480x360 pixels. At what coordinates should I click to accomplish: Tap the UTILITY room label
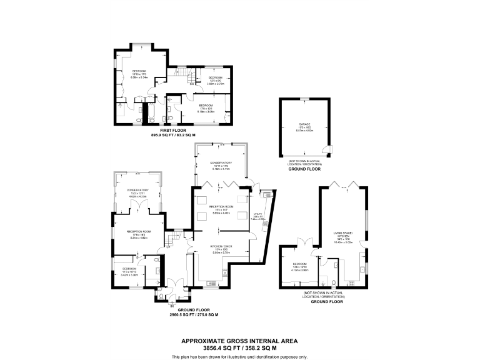(x=258, y=217)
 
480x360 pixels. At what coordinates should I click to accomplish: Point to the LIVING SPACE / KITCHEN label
(x=344, y=236)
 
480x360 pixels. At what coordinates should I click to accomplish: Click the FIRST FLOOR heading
(x=173, y=131)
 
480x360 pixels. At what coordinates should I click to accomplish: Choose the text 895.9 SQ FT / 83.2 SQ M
(x=173, y=135)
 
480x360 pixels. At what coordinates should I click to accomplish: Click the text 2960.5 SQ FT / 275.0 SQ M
(x=194, y=315)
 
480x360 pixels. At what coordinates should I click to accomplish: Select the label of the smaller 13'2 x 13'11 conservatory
(x=137, y=193)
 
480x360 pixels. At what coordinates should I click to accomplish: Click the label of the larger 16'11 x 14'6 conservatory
(x=221, y=165)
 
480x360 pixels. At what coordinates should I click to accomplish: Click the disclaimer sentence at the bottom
(x=239, y=356)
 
